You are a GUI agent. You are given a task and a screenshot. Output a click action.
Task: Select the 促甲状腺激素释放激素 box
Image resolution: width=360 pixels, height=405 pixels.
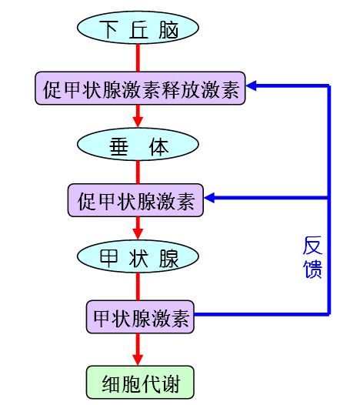tap(140, 89)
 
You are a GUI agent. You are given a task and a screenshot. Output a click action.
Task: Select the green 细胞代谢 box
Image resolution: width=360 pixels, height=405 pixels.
tap(138, 381)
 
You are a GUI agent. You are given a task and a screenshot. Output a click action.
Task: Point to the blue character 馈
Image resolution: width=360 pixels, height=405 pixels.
tap(312, 269)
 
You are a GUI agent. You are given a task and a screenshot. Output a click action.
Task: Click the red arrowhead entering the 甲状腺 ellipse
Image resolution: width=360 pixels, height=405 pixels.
tap(138, 233)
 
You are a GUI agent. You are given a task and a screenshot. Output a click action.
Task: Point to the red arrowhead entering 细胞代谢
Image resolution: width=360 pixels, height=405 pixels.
tap(138, 358)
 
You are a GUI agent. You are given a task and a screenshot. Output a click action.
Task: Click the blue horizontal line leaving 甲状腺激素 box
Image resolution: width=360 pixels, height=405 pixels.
tap(262, 315)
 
